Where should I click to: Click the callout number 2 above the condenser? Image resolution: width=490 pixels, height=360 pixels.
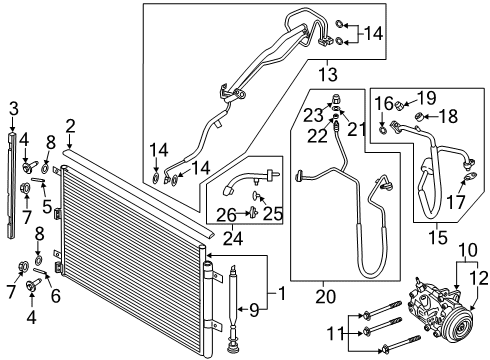tap(70, 125)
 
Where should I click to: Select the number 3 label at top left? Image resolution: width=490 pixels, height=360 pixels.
tap(12, 108)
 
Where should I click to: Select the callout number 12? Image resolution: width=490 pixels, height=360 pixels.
tap(480, 277)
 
